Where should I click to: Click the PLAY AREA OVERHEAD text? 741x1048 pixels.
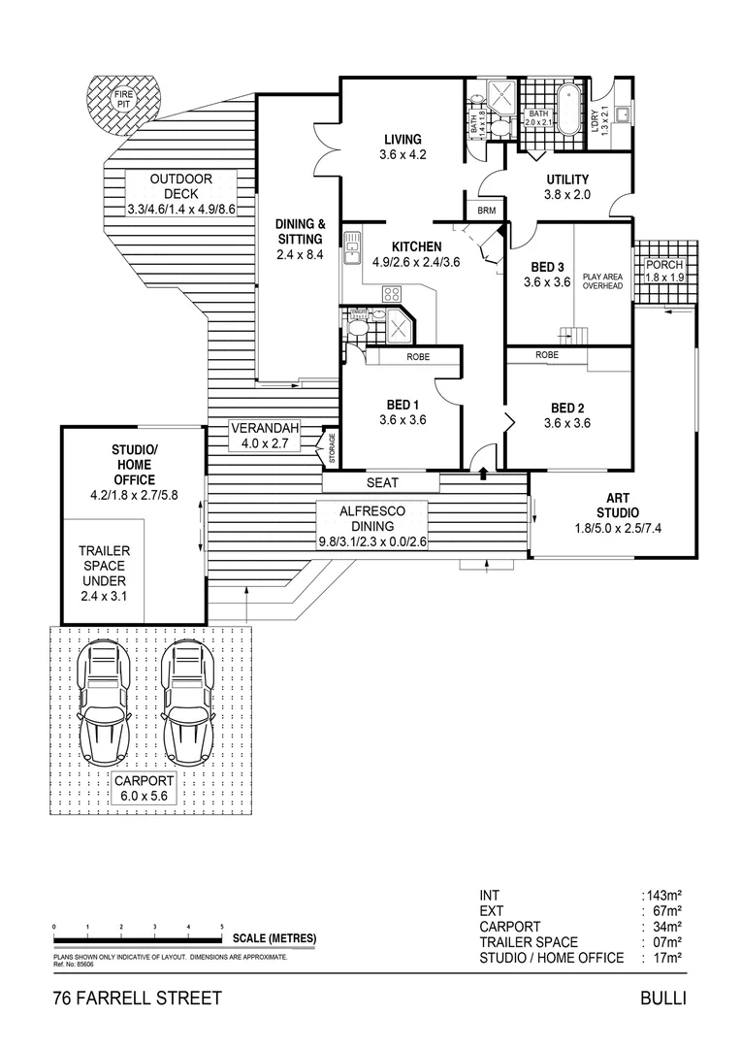click(601, 281)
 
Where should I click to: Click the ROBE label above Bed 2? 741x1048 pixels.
click(547, 356)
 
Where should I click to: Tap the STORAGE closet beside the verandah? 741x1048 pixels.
click(331, 446)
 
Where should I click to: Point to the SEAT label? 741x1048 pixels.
click(382, 482)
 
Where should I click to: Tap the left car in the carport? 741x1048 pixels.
click(104, 705)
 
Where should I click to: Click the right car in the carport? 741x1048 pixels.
click(186, 705)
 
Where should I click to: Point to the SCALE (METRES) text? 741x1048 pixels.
click(275, 938)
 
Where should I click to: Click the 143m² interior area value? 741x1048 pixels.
click(663, 896)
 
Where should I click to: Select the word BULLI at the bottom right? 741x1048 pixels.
click(662, 999)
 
